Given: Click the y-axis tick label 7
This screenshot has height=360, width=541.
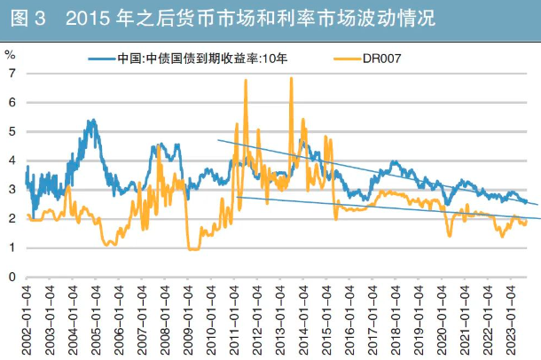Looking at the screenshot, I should click(12, 73).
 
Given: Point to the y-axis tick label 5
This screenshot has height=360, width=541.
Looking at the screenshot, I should click(12, 131).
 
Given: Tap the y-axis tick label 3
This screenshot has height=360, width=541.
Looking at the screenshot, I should click(12, 190).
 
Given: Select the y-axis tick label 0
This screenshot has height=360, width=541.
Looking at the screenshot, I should click(12, 277).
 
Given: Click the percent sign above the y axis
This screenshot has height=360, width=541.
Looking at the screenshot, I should click(10, 54).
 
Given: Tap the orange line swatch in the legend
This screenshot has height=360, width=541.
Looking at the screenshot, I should click(343, 59).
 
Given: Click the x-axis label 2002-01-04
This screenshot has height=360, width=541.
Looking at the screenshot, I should click(27, 319).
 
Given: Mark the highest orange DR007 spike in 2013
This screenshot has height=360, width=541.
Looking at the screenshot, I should click(291, 79).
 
